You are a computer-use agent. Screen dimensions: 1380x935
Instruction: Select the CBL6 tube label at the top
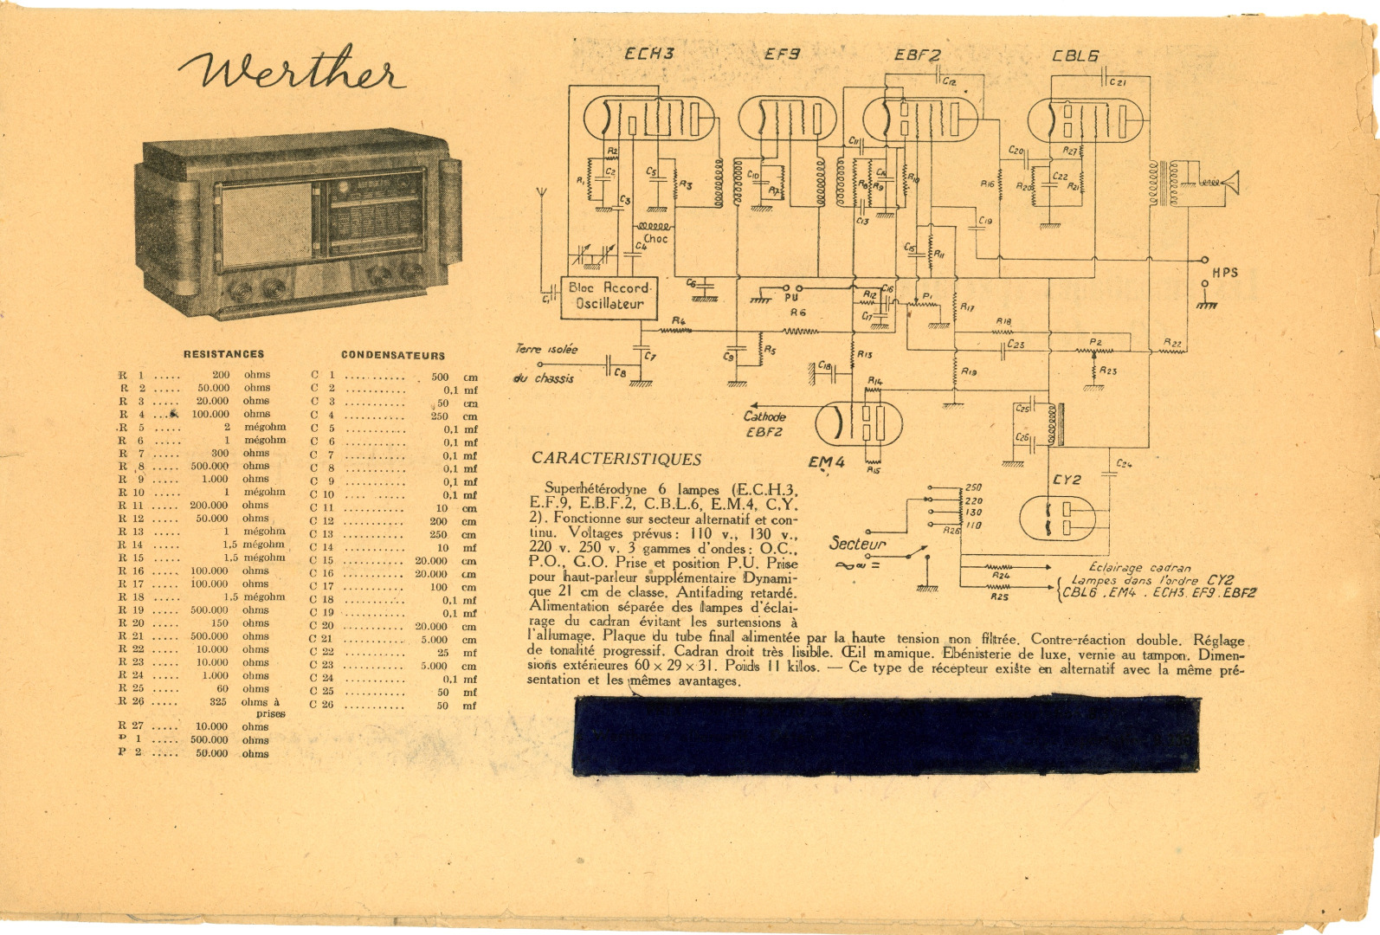pyautogui.click(x=1075, y=55)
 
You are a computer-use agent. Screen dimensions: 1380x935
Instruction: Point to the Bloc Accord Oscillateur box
pyautogui.click(x=609, y=295)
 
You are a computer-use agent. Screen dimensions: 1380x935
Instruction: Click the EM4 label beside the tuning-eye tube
pyautogui.click(x=826, y=462)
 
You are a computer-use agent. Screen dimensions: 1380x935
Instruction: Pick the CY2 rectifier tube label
pyautogui.click(x=1067, y=480)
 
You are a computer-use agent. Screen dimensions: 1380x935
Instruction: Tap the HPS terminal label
pyautogui.click(x=1224, y=273)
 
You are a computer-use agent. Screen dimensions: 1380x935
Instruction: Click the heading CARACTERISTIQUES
pyautogui.click(x=616, y=459)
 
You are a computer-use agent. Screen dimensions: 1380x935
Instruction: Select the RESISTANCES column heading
pyautogui.click(x=223, y=354)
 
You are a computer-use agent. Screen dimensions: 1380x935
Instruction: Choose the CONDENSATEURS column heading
pyautogui.click(x=392, y=355)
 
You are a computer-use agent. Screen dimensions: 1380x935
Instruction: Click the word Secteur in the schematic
pyautogui.click(x=857, y=544)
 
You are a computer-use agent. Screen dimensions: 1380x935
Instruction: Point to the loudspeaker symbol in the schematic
pyautogui.click(x=1228, y=183)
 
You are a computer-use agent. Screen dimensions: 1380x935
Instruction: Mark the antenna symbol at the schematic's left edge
pyautogui.click(x=541, y=194)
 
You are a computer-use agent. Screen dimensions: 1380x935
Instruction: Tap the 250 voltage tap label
pyautogui.click(x=973, y=487)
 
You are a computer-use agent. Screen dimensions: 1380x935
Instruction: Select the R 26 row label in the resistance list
pyautogui.click(x=131, y=701)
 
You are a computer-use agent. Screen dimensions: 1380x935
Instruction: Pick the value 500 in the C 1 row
pyautogui.click(x=440, y=377)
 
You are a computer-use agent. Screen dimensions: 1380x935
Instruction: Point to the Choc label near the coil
pyautogui.click(x=655, y=239)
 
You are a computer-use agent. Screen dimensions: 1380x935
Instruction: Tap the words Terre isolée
pyautogui.click(x=546, y=349)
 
